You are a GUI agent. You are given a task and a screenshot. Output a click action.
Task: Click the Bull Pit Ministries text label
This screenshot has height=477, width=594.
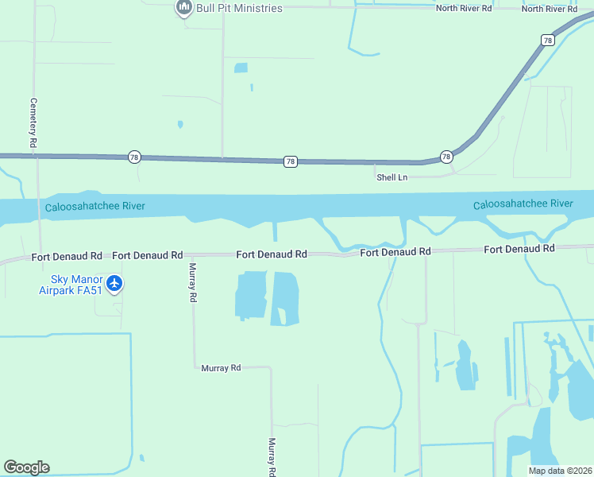click(x=239, y=8)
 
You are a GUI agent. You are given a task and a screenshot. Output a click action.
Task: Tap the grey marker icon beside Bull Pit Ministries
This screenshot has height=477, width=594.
click(x=184, y=8)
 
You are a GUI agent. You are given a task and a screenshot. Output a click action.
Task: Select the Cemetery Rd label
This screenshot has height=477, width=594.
click(x=33, y=122)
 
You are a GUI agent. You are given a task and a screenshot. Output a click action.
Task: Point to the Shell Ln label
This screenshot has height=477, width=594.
click(x=391, y=177)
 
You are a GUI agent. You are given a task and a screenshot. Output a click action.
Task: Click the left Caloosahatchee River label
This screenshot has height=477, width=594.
click(x=94, y=207)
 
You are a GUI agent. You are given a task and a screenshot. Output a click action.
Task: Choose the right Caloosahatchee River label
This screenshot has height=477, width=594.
click(x=523, y=204)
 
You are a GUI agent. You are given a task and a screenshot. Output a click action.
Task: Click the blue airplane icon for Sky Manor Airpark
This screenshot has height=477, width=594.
click(x=115, y=283)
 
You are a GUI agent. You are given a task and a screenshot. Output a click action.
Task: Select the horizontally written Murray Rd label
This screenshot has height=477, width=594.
click(x=221, y=368)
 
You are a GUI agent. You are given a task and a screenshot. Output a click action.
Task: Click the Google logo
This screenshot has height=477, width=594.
click(x=26, y=467)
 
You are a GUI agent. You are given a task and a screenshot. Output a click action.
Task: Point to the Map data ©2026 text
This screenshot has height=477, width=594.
click(x=559, y=471)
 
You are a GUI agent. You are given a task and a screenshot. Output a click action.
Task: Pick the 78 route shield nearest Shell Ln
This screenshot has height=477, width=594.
click(x=446, y=157)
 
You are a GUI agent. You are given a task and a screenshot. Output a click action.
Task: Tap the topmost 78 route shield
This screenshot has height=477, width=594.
click(x=548, y=40)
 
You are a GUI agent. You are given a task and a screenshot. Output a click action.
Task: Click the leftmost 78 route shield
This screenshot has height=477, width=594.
click(x=133, y=157)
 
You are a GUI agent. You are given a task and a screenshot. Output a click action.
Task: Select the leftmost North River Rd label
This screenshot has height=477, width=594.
click(x=464, y=8)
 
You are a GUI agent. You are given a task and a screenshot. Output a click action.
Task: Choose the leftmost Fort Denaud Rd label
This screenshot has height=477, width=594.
click(x=67, y=257)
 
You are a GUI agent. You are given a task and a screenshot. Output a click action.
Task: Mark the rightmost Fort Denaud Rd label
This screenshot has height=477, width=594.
click(x=519, y=250)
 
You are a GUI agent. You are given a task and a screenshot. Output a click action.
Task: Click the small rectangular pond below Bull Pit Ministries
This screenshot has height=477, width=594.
click(x=241, y=68)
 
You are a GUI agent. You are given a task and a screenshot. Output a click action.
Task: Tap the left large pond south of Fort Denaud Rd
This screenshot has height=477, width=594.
click(x=251, y=294)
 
